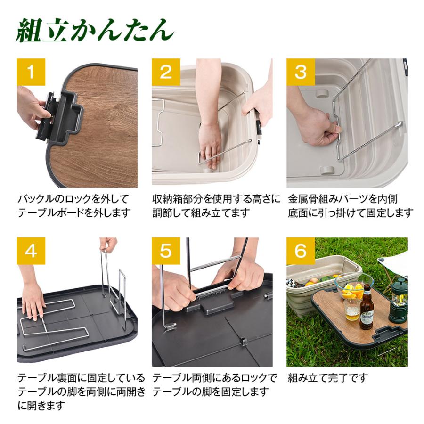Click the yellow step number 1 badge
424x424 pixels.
coord(31,72)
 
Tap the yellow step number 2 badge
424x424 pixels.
coord(166,72)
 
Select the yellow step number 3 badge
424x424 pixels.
coord(301,72)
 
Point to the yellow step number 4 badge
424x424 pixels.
coord(31,251)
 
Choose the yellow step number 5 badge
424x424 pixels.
coord(166,251)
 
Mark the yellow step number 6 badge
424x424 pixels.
coord(301,251)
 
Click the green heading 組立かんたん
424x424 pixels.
coord(94,31)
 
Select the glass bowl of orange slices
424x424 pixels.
coord(354,287)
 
